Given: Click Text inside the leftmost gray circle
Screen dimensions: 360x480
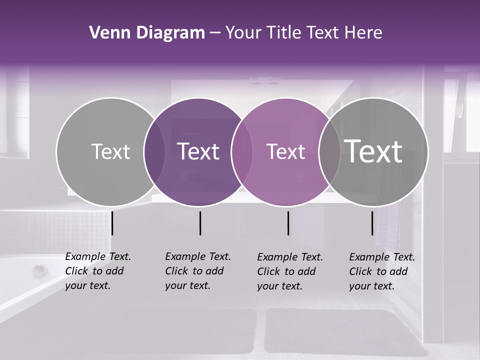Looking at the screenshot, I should pos(111,151).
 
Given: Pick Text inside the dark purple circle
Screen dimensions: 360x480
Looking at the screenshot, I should pos(198,151).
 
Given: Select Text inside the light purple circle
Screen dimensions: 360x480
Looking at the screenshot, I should pos(285,151).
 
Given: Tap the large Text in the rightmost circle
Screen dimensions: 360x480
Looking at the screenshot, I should pos(373,151).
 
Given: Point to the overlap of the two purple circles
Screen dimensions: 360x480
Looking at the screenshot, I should pos(242,152).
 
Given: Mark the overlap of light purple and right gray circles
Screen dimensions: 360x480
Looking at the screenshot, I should pos(329,152).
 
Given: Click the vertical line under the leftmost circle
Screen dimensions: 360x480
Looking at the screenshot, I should pos(112,223).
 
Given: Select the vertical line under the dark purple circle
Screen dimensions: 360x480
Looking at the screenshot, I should pos(200,223).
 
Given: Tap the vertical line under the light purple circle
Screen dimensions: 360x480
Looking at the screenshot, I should pos(288,223).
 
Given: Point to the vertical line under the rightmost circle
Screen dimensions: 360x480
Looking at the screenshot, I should pos(372,223).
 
